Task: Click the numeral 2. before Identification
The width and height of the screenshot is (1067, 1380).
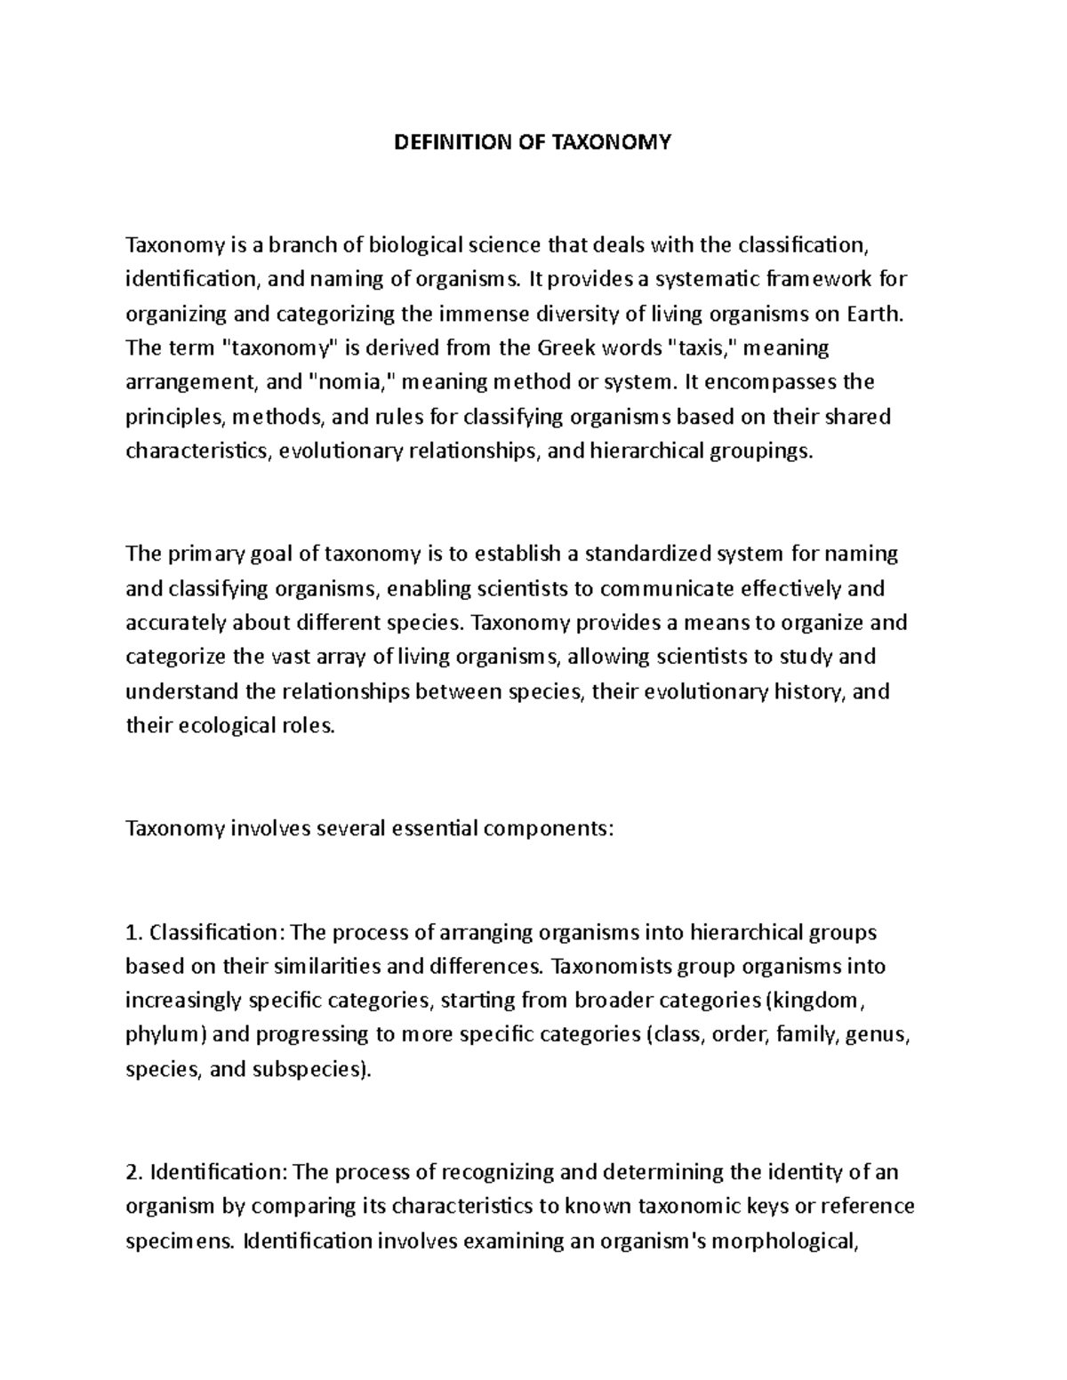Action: [135, 1173]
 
